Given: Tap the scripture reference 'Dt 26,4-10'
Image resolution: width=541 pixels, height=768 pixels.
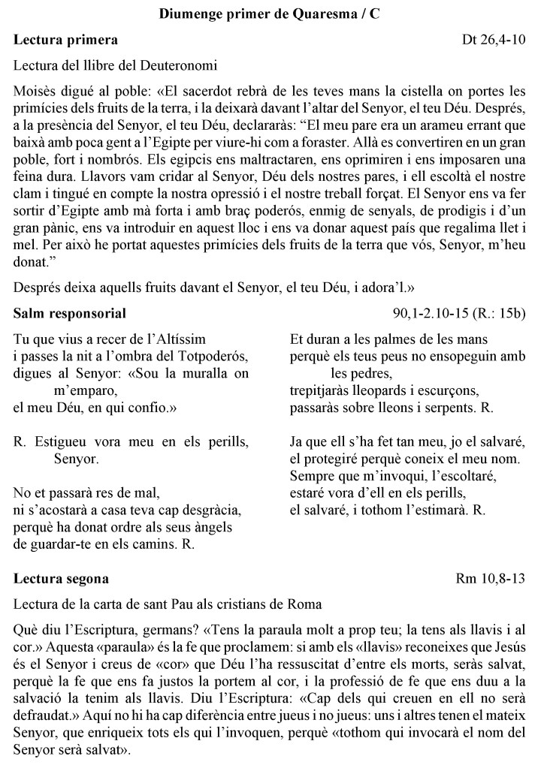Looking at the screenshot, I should pyautogui.click(x=494, y=38).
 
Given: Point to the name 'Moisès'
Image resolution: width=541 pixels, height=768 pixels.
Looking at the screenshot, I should pyautogui.click(x=33, y=93).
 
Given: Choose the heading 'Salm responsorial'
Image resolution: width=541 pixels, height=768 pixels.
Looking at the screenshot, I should pyautogui.click(x=70, y=312).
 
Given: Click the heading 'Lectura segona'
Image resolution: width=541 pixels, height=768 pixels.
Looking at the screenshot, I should pyautogui.click(x=61, y=579).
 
